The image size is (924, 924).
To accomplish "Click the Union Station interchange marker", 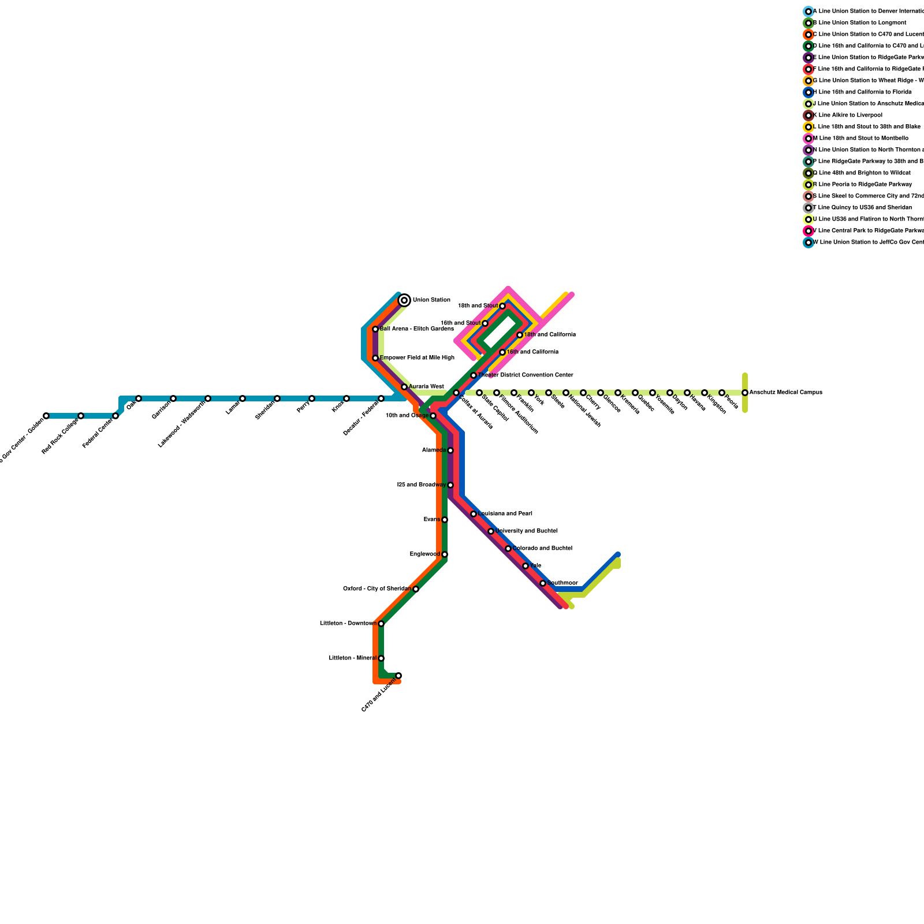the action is pos(404,300).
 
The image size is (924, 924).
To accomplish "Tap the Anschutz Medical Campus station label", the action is pos(785,393).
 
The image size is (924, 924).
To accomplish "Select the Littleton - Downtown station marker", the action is pos(381,624).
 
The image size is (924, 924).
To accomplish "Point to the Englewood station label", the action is pos(425,554).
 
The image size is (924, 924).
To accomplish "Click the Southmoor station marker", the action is pos(543,583).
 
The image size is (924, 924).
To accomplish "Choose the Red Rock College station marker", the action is pos(81,416).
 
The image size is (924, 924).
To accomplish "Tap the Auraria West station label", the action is pos(426,387).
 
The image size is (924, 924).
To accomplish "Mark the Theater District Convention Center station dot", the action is pos(474,375).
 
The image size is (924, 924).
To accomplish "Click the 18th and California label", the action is pos(550,335).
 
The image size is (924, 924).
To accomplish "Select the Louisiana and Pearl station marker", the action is pos(474,514).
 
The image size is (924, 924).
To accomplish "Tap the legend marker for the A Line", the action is pos(808,12).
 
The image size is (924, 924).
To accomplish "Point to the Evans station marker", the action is pos(445,520).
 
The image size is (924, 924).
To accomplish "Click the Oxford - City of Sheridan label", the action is pos(377,589).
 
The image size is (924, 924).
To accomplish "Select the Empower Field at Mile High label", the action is pos(417,358).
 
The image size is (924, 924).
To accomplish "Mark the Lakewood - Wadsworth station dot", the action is pos(208,398).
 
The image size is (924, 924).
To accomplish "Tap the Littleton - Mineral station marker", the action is pos(381,658).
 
